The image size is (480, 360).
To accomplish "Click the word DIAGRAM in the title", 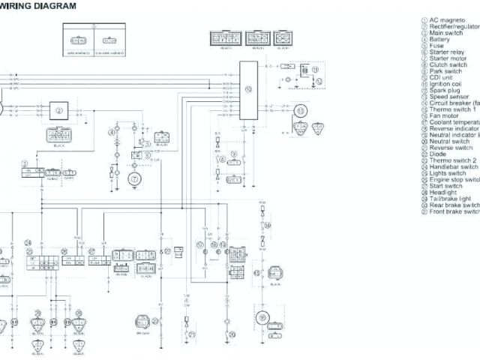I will coord(53,6).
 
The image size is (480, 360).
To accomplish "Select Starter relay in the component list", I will coord(448,52).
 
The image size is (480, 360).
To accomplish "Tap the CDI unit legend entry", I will coord(445,77).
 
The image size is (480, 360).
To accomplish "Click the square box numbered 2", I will coord(59,110).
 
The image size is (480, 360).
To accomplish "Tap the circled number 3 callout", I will coord(25,163).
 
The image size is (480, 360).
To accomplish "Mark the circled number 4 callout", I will coord(112,132).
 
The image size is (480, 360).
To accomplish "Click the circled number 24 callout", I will coord(28,243).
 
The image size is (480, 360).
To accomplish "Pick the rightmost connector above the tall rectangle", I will coord(283,37).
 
